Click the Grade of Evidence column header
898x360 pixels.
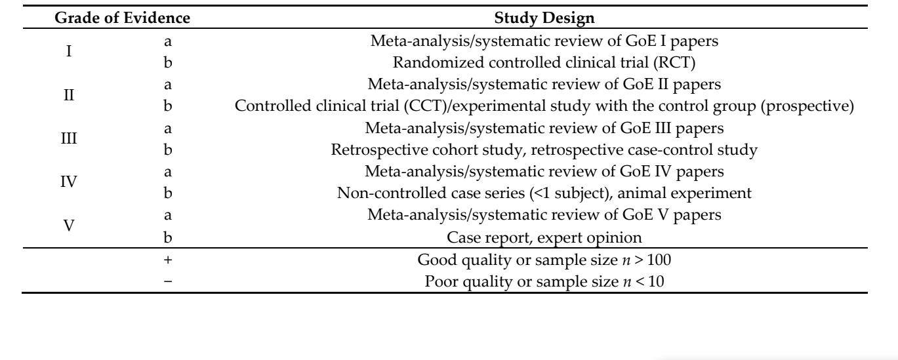click(122, 18)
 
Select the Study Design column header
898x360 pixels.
click(544, 18)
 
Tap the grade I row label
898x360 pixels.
click(69, 51)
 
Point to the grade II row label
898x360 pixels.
click(69, 95)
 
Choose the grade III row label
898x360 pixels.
click(69, 138)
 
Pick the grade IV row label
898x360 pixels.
click(69, 182)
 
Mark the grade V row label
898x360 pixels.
click(69, 226)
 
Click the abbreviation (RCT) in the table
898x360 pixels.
click(674, 62)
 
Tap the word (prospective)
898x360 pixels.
click(807, 106)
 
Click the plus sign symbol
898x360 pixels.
click(168, 260)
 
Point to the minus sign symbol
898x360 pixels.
click(168, 281)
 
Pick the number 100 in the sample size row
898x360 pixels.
click(659, 260)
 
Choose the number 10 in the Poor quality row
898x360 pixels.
click(656, 281)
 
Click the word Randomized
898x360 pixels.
click(438, 62)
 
